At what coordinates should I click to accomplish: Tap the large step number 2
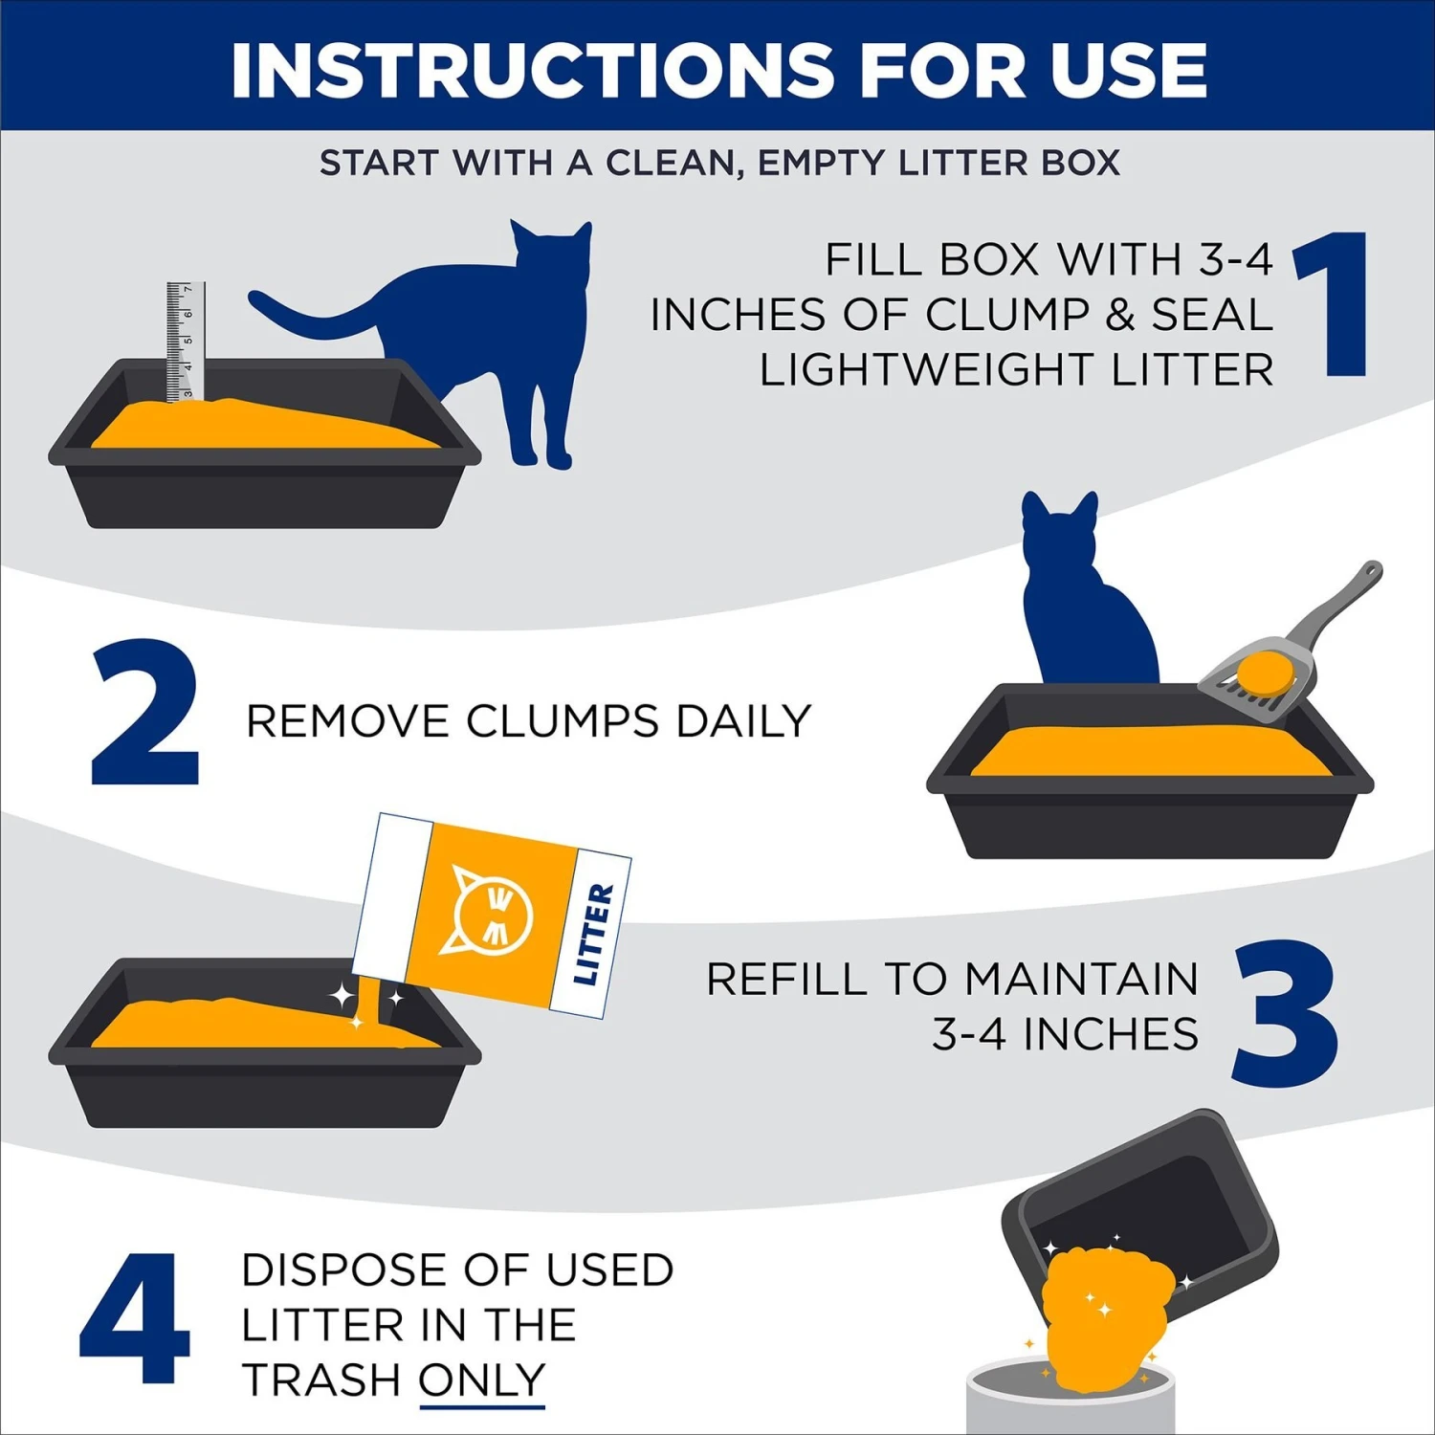click(x=145, y=714)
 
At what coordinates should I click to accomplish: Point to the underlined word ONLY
click(x=482, y=1380)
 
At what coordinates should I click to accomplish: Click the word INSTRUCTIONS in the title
click(x=532, y=70)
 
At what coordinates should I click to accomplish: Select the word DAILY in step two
click(x=743, y=721)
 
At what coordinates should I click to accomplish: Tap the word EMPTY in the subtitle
click(x=820, y=163)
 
